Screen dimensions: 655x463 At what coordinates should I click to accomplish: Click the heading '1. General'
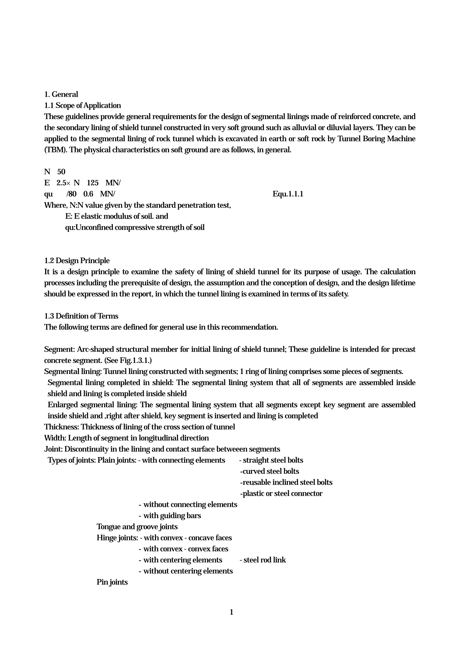[x=61, y=94]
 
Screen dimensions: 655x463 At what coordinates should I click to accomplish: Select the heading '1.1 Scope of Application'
[x=83, y=106]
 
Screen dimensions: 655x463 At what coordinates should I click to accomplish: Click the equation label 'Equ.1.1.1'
[x=288, y=194]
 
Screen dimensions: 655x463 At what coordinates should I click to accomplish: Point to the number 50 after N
[x=61, y=172]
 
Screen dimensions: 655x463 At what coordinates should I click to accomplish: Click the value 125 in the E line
[x=92, y=183]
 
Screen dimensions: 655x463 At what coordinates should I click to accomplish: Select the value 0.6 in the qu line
[x=88, y=194]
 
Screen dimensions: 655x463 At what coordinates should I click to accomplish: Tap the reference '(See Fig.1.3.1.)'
[x=128, y=360]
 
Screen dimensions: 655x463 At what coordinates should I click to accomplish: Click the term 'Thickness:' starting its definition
[x=62, y=427]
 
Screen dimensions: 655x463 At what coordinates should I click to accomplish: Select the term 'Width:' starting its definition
[x=55, y=438]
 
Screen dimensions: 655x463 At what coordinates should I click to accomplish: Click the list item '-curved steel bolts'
[x=269, y=471]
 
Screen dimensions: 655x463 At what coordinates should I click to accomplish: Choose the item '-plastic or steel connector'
[x=281, y=494]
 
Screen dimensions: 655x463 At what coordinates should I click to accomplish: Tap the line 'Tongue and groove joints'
[x=137, y=527]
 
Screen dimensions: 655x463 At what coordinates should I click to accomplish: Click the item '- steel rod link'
[x=262, y=560]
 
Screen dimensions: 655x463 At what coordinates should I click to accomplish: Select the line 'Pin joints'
[x=112, y=582]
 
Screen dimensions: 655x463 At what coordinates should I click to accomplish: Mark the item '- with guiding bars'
[x=170, y=516]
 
